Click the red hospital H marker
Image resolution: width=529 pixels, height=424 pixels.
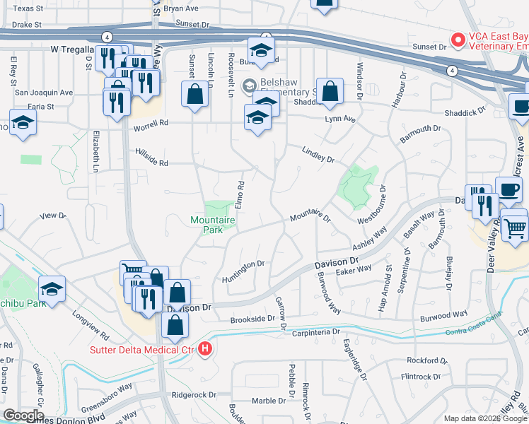coord(205,349)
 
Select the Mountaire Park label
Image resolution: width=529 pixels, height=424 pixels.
coord(213,225)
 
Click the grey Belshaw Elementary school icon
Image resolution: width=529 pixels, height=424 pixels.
coord(248,87)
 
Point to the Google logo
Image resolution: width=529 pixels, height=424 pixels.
coord(23,416)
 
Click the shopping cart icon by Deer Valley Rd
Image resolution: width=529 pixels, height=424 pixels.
coord(516,228)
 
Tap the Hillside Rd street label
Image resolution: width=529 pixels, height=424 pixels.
coord(153,163)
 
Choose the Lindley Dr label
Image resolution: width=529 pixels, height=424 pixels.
coord(318,155)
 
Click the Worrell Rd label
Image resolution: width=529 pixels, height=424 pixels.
coord(153,122)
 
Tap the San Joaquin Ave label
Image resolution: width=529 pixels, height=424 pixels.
coord(44,93)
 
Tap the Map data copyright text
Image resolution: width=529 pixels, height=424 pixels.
coord(484,418)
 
